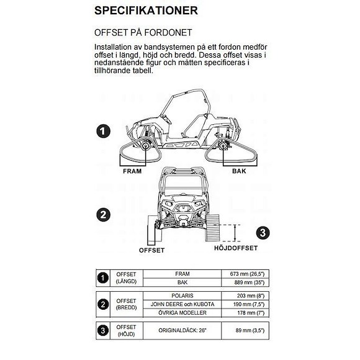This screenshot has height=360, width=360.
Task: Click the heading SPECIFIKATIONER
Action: (146, 11)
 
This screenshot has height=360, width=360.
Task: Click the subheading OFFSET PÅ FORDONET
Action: (143, 32)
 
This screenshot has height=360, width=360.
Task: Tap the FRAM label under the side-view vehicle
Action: (133, 170)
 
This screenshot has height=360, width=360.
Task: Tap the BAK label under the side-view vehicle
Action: (239, 170)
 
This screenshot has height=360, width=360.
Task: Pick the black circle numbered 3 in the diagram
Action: (263, 233)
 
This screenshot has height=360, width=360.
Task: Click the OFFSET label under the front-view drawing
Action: (151, 250)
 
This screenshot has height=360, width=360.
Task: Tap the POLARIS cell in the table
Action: (182, 295)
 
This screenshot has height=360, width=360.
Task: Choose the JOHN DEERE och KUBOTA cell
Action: (182, 304)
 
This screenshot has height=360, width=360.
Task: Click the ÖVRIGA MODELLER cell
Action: (182, 313)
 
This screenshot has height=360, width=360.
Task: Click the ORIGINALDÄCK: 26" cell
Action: (182, 330)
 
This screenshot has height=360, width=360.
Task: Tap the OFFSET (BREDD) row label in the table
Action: (126, 304)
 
